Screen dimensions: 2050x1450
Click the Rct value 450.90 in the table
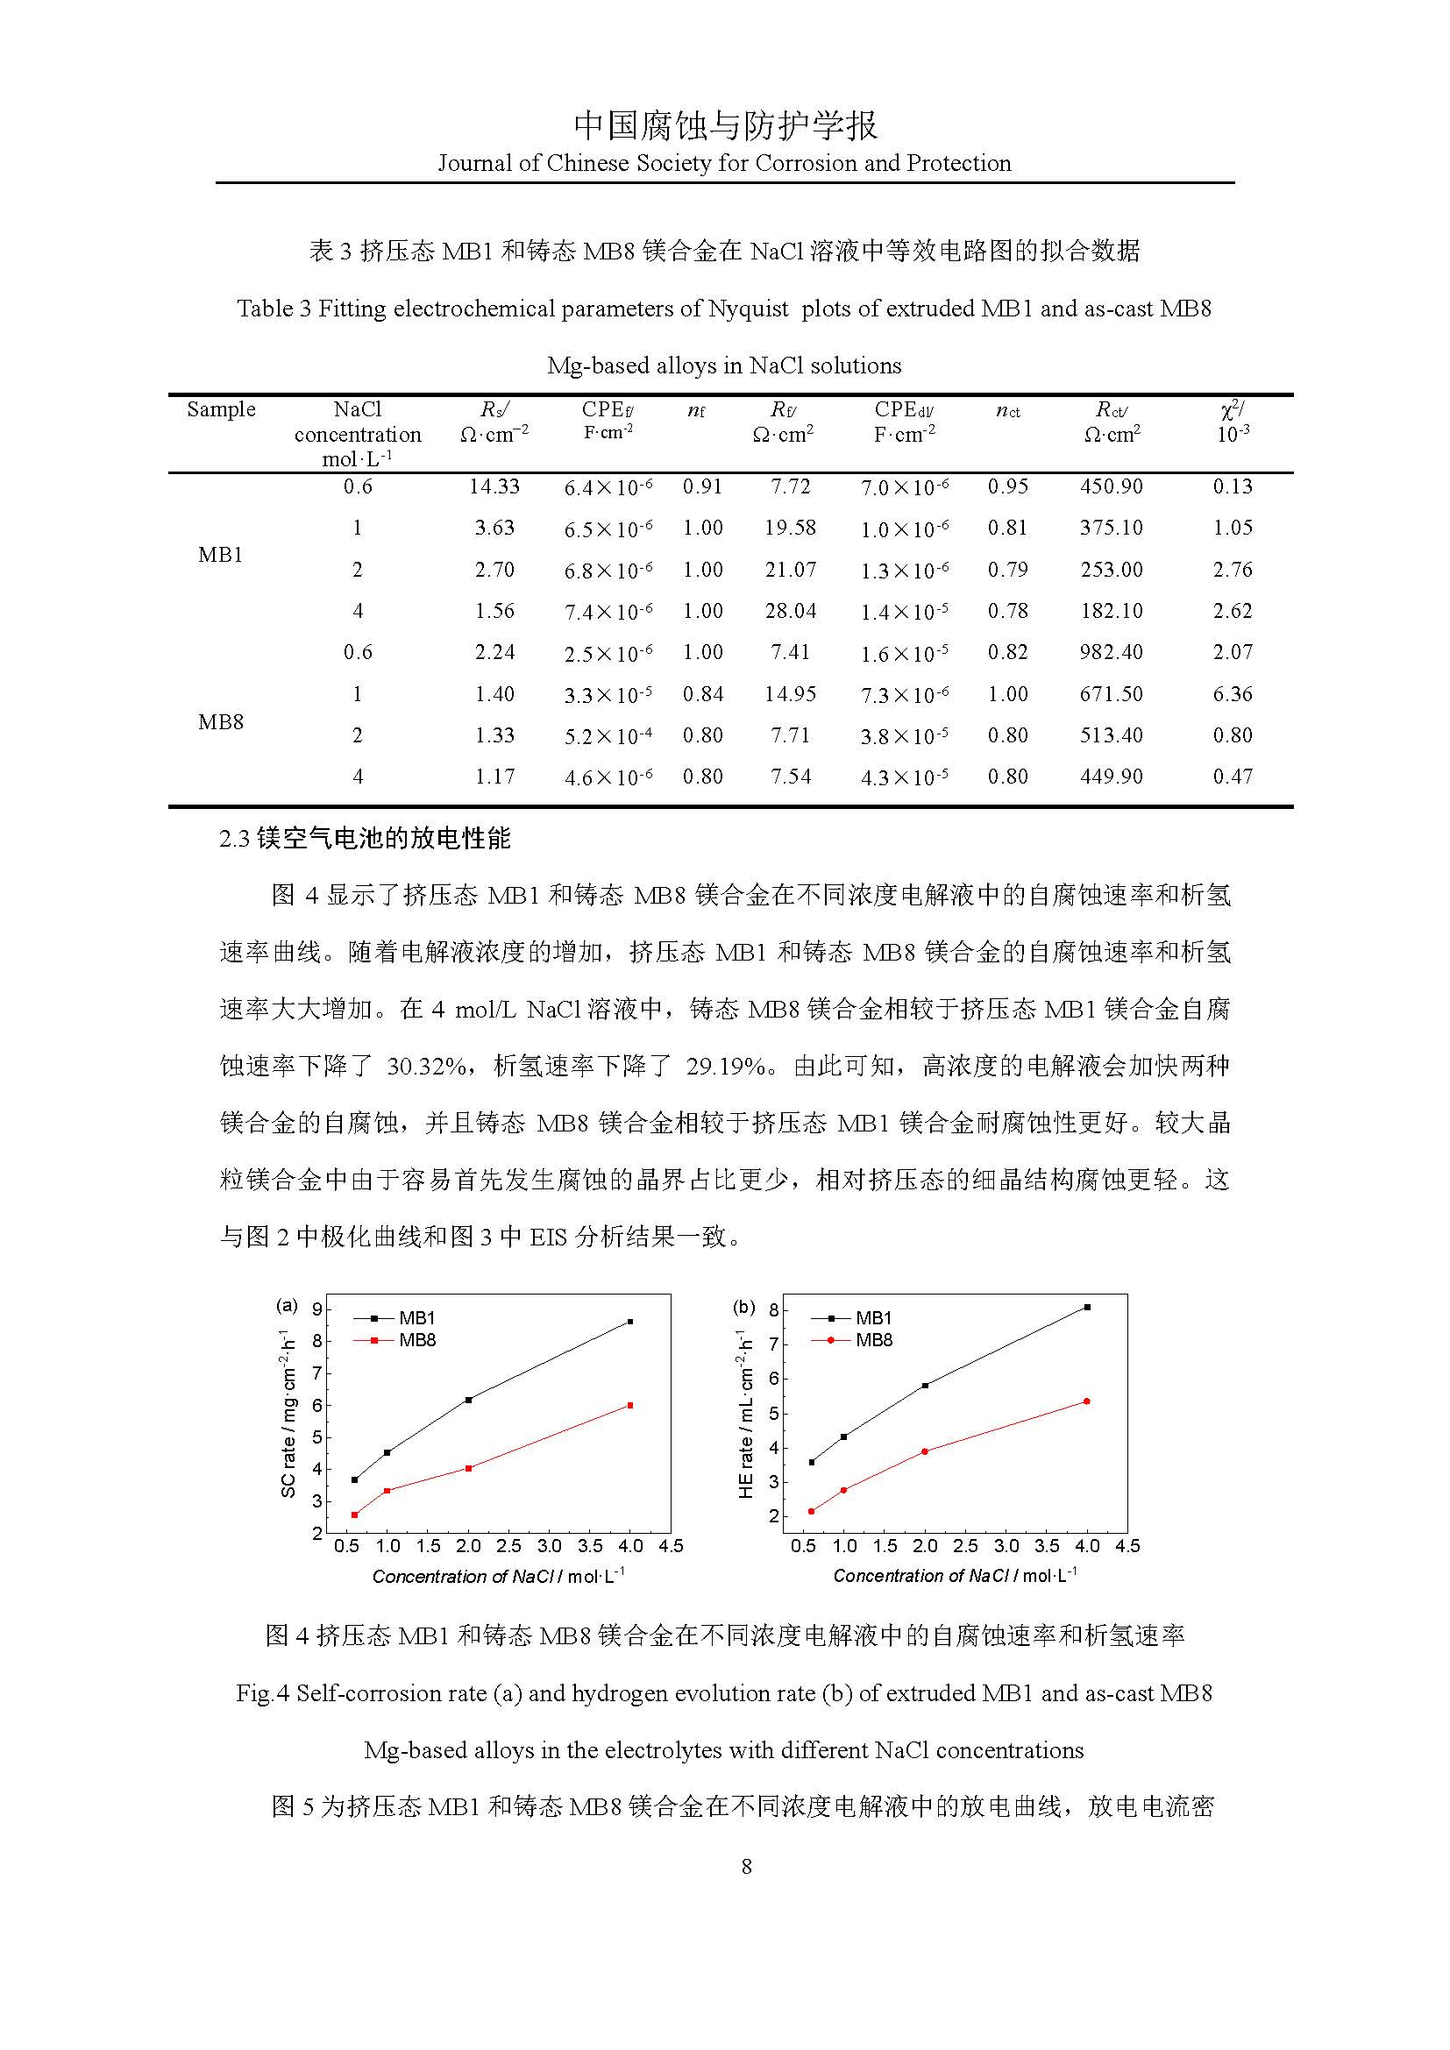(1111, 486)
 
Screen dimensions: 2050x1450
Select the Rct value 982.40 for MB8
(1111, 653)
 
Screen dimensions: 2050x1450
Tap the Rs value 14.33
(494, 486)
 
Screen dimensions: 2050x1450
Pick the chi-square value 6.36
(1232, 694)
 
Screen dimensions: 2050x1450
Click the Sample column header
(222, 410)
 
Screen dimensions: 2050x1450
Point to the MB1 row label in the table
(221, 555)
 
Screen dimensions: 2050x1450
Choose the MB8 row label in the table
(221, 721)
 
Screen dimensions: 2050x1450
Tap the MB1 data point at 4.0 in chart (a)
(630, 1322)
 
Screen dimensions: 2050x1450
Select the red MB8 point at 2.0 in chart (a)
(469, 1468)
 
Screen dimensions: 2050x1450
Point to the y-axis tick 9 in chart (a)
(317, 1309)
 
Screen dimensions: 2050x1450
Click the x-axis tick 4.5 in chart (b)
(1127, 1546)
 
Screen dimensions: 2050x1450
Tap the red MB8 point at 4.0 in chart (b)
(1086, 1401)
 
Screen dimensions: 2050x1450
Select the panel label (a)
(286, 1305)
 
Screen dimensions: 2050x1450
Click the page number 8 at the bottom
(746, 1867)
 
